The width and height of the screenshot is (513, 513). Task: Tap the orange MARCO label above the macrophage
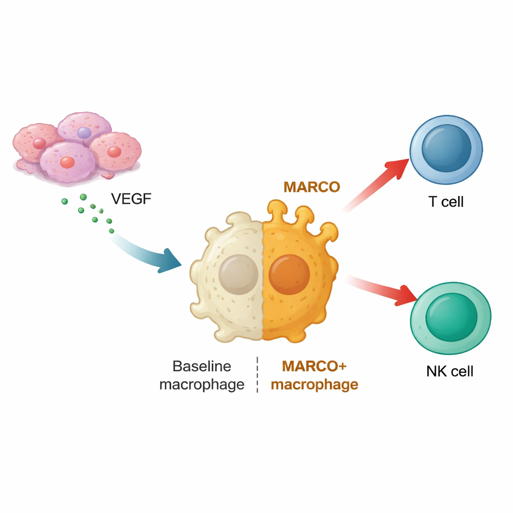click(312, 187)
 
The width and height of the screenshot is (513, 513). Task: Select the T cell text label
click(446, 202)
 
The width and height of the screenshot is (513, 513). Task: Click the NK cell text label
click(449, 371)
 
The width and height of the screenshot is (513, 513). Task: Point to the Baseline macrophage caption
click(202, 375)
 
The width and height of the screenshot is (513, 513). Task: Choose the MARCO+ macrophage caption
click(315, 375)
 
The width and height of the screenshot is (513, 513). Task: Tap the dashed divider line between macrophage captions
click(257, 375)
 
